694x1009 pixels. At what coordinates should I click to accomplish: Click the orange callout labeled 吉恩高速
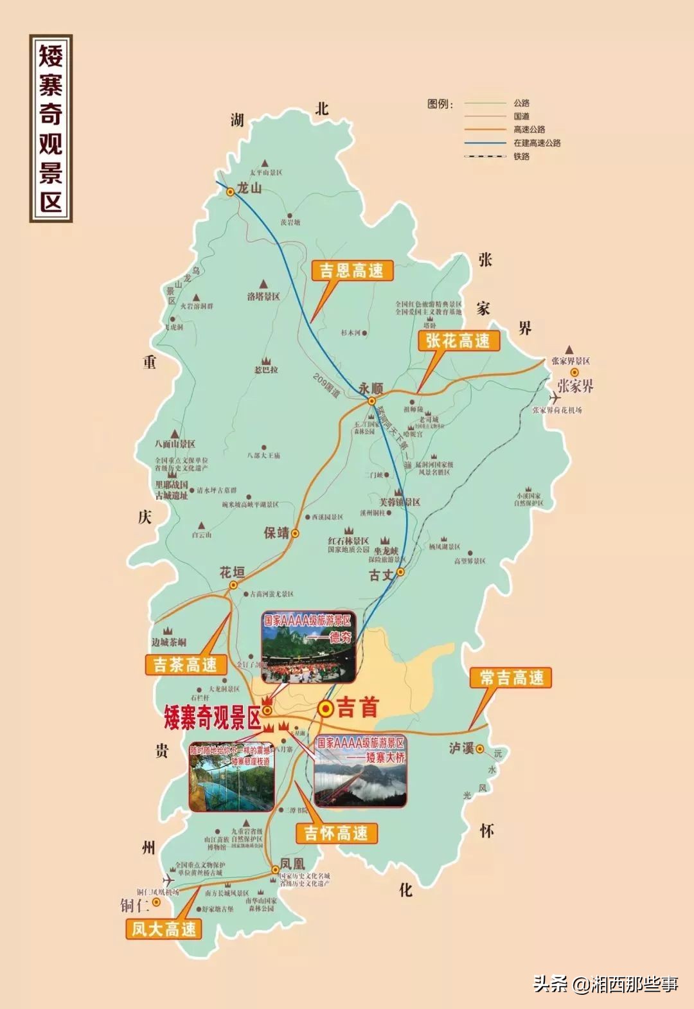click(x=351, y=270)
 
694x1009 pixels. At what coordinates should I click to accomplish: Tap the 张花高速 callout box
click(x=458, y=341)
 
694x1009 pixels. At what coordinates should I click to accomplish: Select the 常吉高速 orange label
click(x=512, y=677)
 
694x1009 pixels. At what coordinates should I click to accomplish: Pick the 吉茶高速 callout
click(x=185, y=665)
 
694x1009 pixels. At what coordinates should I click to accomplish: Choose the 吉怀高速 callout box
click(x=336, y=833)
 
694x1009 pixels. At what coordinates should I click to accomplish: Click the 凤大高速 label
click(x=164, y=929)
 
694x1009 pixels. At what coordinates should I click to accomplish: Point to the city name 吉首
click(x=357, y=708)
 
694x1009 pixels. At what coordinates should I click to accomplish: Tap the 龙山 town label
click(x=250, y=188)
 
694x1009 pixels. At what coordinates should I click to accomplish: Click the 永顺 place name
click(x=371, y=388)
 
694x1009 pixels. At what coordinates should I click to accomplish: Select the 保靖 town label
click(x=276, y=533)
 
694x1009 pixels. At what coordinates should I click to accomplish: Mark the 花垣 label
click(x=232, y=571)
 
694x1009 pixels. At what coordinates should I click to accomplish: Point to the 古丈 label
click(x=381, y=575)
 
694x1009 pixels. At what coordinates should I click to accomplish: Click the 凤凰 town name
click(x=292, y=864)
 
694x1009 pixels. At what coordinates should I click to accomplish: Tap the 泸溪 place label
click(x=461, y=748)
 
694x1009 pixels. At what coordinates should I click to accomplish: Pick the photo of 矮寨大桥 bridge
click(x=360, y=772)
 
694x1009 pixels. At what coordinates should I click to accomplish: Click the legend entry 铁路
click(x=521, y=156)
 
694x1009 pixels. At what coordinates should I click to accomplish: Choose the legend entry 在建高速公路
click(x=537, y=143)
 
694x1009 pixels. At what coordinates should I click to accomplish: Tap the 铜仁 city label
click(x=134, y=906)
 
